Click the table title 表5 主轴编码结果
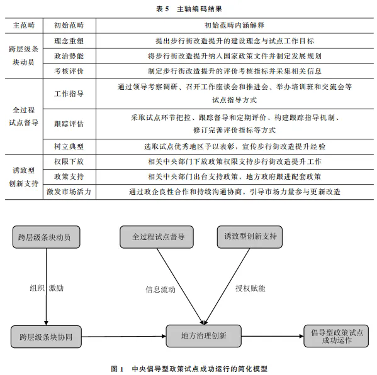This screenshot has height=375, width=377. [189, 9]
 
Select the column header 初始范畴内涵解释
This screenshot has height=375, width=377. [234, 25]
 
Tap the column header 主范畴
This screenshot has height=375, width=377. [24, 25]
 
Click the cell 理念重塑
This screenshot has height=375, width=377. [69, 41]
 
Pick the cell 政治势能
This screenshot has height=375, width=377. [69, 56]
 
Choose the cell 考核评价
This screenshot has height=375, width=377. [69, 71]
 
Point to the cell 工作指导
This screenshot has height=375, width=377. [69, 94]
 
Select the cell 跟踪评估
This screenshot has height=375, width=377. [69, 124]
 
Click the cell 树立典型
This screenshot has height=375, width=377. [69, 146]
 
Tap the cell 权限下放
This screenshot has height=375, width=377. [69, 161]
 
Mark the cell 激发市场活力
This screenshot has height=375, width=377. [69, 192]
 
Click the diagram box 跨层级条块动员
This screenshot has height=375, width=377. [46, 237]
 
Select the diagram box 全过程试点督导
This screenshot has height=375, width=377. [157, 237]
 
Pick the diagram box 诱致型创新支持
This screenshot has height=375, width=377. [250, 237]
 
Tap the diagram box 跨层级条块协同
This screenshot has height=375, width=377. [46, 337]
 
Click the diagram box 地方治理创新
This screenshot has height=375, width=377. [204, 336]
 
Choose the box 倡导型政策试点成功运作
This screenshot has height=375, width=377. [336, 336]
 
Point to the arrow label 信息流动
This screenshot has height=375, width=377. [160, 290]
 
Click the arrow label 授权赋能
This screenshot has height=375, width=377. [250, 288]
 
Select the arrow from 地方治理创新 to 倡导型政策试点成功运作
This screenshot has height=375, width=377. [273, 336]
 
